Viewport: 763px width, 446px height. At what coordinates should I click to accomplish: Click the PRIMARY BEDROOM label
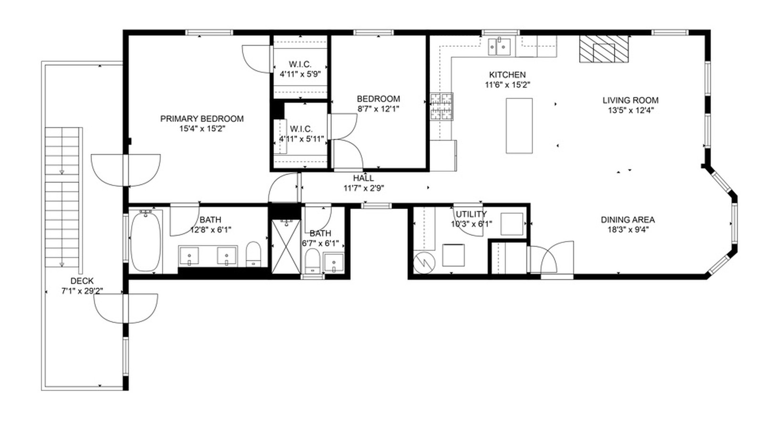click(x=202, y=119)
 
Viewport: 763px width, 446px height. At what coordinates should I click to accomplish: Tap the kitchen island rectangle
click(x=519, y=126)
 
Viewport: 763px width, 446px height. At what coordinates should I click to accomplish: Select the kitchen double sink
click(x=499, y=47)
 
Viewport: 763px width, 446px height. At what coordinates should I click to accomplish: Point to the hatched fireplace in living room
click(x=604, y=50)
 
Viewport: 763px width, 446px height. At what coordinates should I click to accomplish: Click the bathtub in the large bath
click(x=146, y=242)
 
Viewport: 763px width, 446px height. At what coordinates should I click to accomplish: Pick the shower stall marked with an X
click(x=286, y=246)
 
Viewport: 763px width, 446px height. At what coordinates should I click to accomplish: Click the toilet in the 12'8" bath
click(x=253, y=254)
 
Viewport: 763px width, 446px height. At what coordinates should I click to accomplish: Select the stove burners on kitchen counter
click(x=441, y=107)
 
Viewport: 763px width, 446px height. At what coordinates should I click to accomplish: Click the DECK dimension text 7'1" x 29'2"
click(x=82, y=291)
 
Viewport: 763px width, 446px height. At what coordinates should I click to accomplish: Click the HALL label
click(x=363, y=178)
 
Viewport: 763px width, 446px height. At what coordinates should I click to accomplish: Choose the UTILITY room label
click(x=471, y=214)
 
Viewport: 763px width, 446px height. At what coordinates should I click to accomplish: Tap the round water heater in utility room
click(x=423, y=262)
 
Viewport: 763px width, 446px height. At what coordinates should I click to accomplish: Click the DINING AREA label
click(x=627, y=220)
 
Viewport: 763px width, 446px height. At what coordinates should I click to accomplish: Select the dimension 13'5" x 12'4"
click(x=630, y=111)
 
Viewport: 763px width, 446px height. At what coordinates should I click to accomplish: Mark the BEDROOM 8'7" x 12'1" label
click(x=378, y=99)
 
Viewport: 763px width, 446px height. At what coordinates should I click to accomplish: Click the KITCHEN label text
click(x=507, y=75)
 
